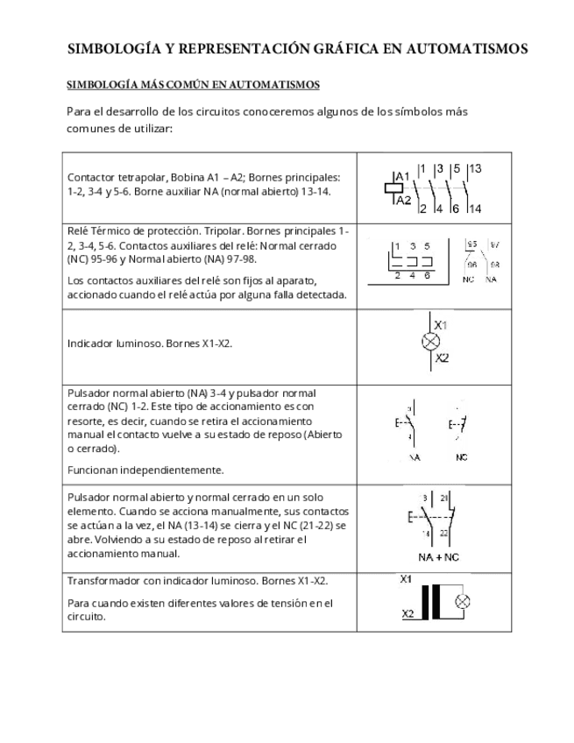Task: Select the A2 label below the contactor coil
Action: tap(403, 201)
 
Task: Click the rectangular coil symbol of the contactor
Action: tap(389, 188)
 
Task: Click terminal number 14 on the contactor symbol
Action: tap(475, 209)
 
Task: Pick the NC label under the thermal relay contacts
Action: tap(468, 279)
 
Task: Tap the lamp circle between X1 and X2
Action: tap(431, 342)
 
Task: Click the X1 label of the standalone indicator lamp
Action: tap(441, 325)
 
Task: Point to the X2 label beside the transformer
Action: tap(407, 613)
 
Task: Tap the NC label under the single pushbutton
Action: tap(461, 457)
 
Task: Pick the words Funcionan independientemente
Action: tap(145, 469)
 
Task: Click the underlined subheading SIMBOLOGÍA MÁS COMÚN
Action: tap(193, 85)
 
